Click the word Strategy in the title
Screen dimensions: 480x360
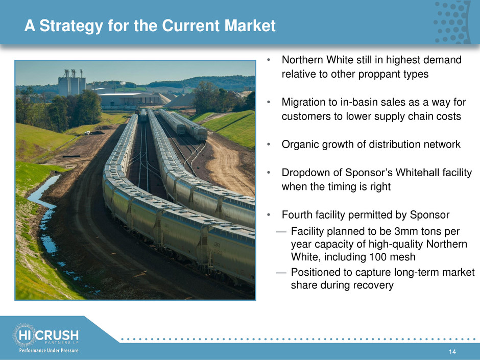(71, 26)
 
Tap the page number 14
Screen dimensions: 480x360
(452, 352)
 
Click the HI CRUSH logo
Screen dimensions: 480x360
(45, 335)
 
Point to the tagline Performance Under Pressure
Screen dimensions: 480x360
(49, 350)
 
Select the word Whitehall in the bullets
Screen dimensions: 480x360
(418, 173)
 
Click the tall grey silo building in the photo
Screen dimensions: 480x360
(71, 84)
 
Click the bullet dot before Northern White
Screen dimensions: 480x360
(268, 60)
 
